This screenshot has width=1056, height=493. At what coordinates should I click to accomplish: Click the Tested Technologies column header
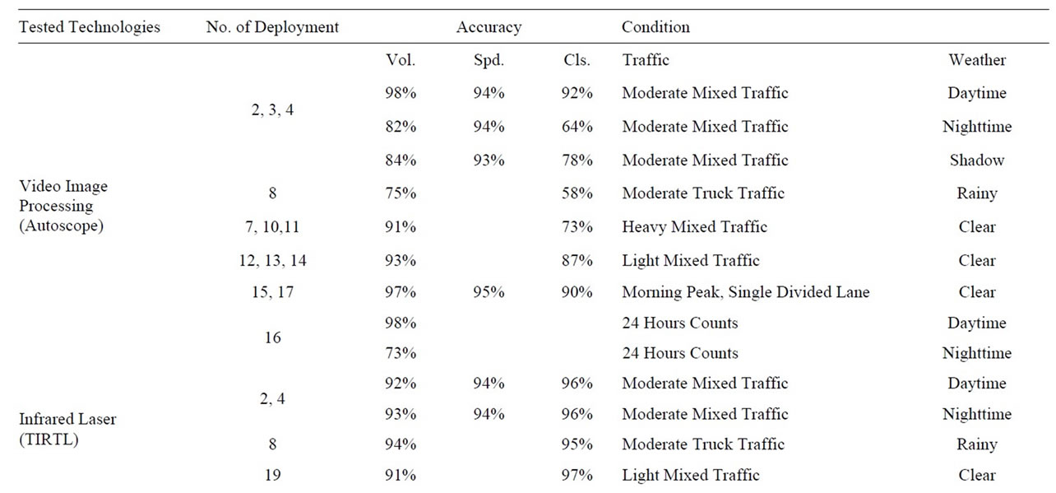90,27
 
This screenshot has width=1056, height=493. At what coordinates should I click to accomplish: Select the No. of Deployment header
272,27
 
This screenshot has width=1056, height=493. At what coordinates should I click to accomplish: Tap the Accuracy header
489,27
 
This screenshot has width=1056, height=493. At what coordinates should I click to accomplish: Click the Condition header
655,26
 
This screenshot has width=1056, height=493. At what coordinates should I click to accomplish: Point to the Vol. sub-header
401,60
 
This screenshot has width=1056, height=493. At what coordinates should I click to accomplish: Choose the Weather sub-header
977,60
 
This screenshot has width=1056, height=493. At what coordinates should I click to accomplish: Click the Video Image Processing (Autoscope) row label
63,206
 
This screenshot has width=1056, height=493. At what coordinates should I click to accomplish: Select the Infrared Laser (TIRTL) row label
67,429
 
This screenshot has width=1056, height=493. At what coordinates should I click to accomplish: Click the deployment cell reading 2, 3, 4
272,110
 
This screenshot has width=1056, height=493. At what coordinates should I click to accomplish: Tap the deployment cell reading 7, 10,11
272,227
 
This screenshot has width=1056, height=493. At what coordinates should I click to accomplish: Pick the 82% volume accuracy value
401,127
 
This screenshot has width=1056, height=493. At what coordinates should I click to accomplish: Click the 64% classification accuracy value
577,127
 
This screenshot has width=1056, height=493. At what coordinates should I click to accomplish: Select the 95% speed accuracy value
489,292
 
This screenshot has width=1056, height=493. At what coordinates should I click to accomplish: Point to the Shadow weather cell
977,160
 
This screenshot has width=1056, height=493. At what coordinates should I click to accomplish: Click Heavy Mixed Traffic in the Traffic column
695,227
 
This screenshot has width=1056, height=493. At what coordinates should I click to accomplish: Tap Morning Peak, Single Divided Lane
746,292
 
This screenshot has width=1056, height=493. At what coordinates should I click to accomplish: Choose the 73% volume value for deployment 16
401,353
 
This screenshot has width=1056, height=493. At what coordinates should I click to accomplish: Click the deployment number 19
272,475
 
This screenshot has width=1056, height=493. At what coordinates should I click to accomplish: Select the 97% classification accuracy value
577,475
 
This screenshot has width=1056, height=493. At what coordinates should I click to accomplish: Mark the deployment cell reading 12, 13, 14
272,260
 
